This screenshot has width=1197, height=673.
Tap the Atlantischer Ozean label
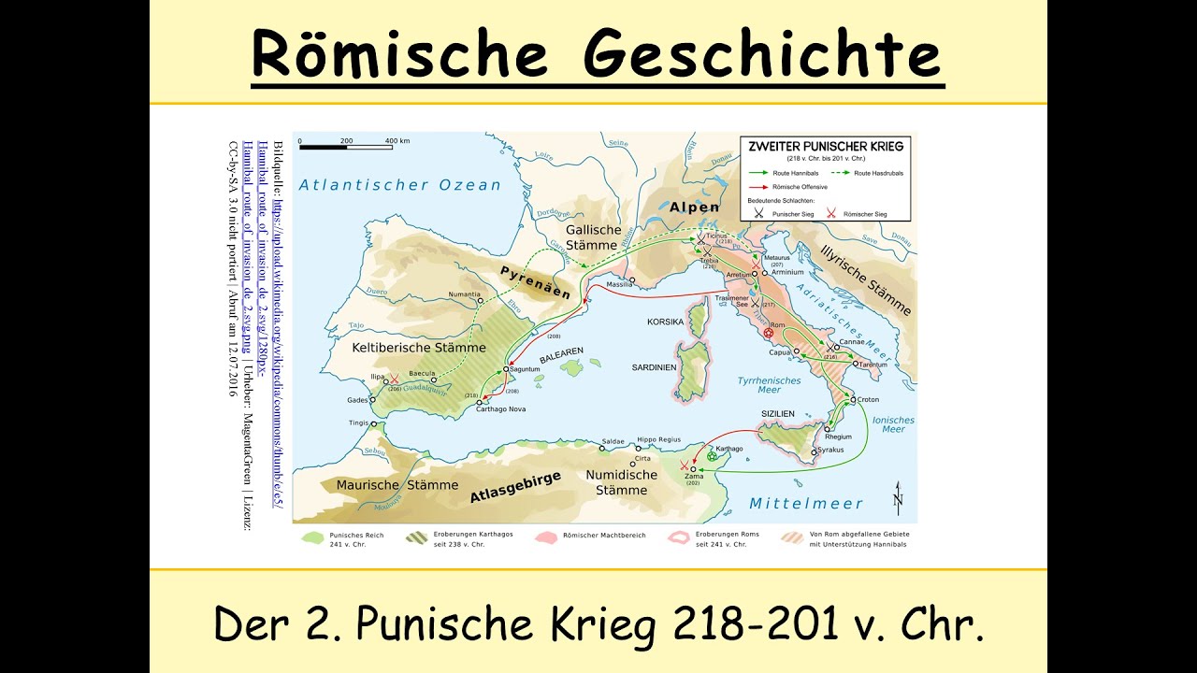point(400,185)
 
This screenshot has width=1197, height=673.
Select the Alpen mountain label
point(695,208)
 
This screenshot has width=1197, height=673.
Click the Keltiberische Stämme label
point(418,348)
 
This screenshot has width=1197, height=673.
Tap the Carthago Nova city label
point(503,409)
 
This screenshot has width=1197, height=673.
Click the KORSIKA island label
point(665,322)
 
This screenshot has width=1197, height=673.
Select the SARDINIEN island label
point(654,367)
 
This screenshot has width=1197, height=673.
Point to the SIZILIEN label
point(776,413)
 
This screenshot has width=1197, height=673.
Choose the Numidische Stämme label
point(616,482)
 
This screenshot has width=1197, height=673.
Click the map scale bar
point(346,148)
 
